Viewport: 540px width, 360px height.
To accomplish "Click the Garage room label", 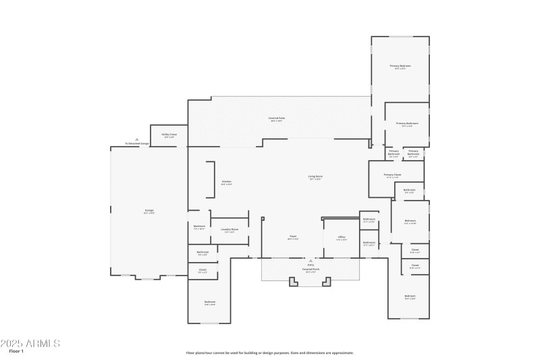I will [x=148, y=211].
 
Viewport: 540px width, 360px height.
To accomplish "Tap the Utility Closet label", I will [x=169, y=135].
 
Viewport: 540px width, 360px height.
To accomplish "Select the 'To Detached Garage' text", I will [x=137, y=144].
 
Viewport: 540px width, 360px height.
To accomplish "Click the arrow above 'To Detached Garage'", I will [x=137, y=139].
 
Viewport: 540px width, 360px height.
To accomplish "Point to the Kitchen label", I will [x=227, y=182].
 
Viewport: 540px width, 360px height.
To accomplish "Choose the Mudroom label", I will [x=199, y=227].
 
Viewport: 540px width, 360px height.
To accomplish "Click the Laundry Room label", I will [x=230, y=230].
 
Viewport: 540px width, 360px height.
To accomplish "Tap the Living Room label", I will [x=315, y=177].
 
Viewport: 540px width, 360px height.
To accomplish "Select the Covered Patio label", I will [x=275, y=119].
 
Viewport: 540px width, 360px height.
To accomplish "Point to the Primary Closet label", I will [x=393, y=176].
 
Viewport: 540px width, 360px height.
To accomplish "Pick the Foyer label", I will [x=292, y=237].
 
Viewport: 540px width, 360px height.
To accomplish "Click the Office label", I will [x=342, y=238].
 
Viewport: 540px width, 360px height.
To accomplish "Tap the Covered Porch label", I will [x=310, y=269].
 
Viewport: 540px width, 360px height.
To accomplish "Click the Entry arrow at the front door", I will [x=310, y=260].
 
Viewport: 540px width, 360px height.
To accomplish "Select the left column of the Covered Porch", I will [x=293, y=282].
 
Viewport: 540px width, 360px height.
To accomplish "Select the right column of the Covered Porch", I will [x=328, y=282].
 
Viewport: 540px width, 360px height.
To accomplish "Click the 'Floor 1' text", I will [x=16, y=351].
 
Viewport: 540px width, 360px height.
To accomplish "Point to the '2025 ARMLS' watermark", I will [x=30, y=343].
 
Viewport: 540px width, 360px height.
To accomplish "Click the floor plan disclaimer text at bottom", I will [x=270, y=353].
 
